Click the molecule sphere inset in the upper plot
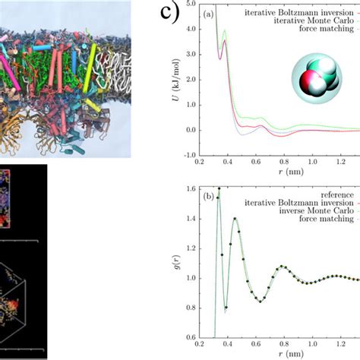tap(313, 79)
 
